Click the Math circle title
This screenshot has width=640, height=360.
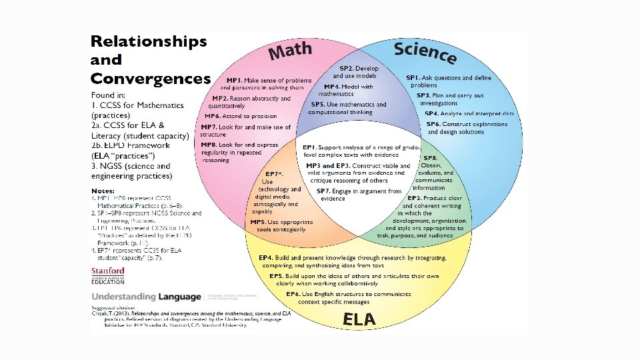[x=290, y=50]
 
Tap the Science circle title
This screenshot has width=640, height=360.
[x=425, y=53]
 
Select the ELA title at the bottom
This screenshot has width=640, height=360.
[x=359, y=319]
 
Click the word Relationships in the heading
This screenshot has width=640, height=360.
[x=149, y=41]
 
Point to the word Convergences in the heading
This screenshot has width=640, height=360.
[x=151, y=79]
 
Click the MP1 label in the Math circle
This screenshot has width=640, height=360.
[x=235, y=80]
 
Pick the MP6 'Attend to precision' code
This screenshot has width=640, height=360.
[x=213, y=116]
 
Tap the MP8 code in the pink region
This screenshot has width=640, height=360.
[x=209, y=144]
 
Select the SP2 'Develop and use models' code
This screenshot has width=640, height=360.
[x=347, y=68]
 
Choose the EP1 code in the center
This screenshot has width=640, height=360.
[x=309, y=147]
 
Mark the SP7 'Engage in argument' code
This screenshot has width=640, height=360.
[x=323, y=191]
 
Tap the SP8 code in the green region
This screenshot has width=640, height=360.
[x=431, y=157]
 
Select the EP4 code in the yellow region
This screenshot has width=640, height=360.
[x=265, y=257]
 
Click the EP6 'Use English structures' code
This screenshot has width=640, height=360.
[x=293, y=294]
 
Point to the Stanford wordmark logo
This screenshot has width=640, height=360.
[x=108, y=271]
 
